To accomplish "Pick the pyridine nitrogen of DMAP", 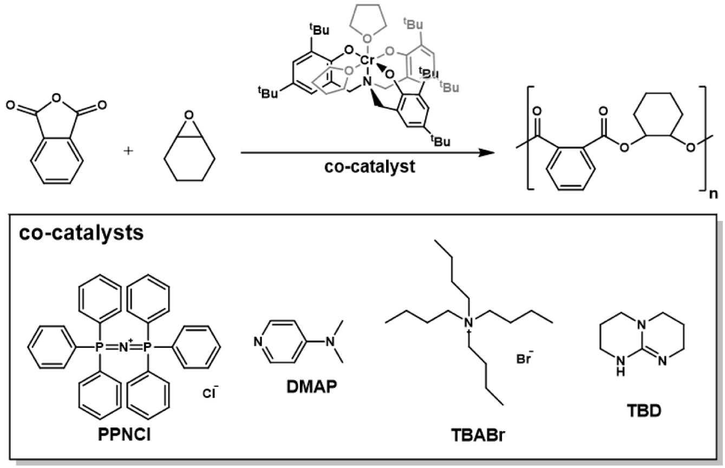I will [x=258, y=341].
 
